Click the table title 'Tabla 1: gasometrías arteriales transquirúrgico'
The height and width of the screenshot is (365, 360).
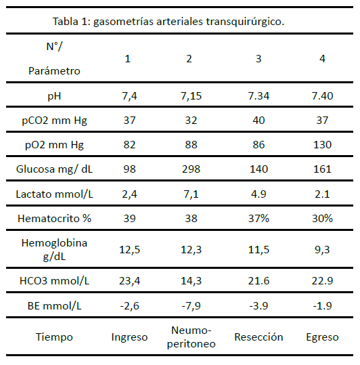[168, 22]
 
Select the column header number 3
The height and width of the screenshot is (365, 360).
[258, 59]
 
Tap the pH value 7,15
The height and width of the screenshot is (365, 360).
[191, 96]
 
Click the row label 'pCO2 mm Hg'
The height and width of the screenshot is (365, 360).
[54, 121]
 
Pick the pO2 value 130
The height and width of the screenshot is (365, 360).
[322, 144]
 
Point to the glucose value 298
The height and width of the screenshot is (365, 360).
[191, 169]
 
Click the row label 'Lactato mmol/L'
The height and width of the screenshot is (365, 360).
[54, 194]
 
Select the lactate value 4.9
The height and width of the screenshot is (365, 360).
[258, 194]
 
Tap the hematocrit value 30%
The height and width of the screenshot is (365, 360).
[322, 219]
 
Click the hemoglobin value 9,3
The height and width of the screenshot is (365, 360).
[322, 250]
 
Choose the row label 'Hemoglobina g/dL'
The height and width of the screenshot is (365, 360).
[54, 250]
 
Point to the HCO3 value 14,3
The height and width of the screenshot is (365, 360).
[191, 281]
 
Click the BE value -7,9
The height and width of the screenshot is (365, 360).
[191, 305]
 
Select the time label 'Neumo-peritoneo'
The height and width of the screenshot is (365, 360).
[191, 337]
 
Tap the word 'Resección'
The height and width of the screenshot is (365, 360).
[258, 337]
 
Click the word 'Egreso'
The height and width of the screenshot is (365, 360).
[322, 337]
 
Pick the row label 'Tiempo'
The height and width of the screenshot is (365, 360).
[54, 337]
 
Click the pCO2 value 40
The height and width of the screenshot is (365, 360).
[258, 121]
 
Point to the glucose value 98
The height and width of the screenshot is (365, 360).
[129, 169]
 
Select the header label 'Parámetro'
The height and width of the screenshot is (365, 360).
[54, 70]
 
